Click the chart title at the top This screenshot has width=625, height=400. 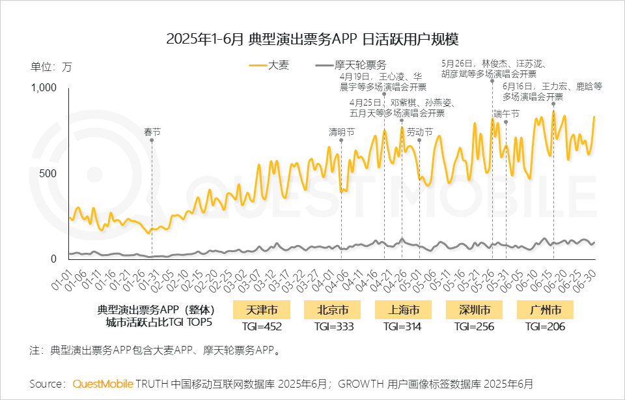pyautogui.click(x=312, y=38)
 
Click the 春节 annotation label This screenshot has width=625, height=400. pyautogui.click(x=152, y=132)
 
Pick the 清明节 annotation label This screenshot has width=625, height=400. pyautogui.click(x=342, y=132)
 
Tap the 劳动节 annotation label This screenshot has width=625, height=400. pyautogui.click(x=419, y=132)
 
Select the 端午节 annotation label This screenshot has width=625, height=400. pyautogui.click(x=506, y=113)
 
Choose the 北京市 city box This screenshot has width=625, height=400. pyautogui.click(x=331, y=309)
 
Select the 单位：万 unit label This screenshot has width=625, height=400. pyautogui.click(x=51, y=66)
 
